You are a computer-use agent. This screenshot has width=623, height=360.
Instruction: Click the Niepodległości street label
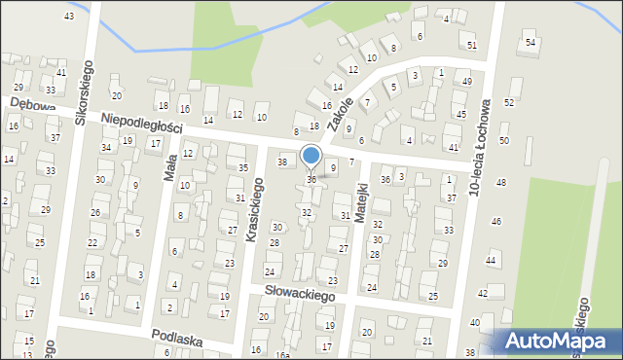(x=141, y=123)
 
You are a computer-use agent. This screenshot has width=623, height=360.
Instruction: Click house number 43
(x=68, y=17)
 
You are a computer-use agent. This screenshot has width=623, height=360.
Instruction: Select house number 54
(x=531, y=43)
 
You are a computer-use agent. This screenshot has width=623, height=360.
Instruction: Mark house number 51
(x=472, y=46)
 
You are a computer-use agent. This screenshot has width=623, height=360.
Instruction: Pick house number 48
(x=500, y=183)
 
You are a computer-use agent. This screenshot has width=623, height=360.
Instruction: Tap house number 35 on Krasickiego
(x=243, y=168)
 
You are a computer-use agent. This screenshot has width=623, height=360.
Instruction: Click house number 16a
(x=281, y=355)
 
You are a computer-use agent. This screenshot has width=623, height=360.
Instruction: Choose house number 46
(x=495, y=222)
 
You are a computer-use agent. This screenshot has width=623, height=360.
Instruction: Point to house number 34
(x=105, y=148)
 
